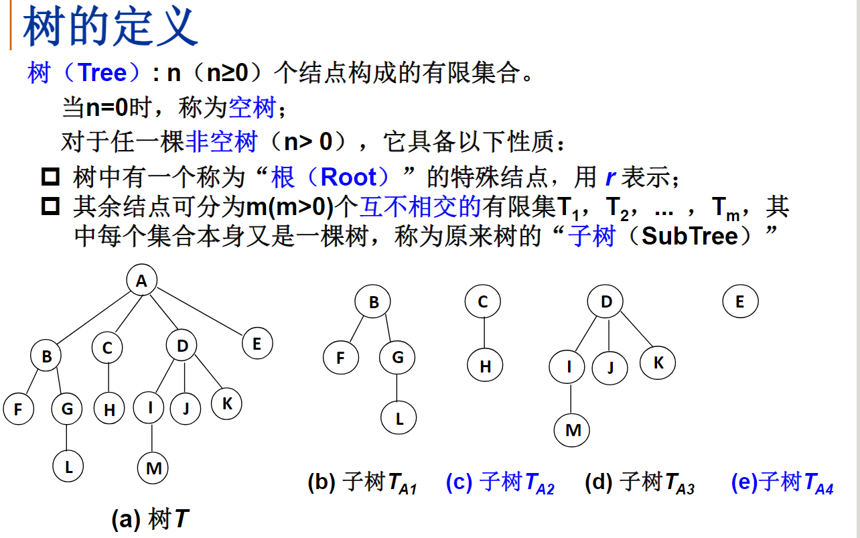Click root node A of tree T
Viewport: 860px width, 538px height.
click(141, 281)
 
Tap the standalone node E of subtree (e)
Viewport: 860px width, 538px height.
click(740, 301)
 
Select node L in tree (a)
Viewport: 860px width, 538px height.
click(68, 467)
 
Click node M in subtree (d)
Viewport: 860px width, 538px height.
click(573, 430)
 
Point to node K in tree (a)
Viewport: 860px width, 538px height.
click(227, 404)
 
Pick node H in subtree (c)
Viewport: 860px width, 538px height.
click(485, 366)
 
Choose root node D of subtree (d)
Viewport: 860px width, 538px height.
click(606, 302)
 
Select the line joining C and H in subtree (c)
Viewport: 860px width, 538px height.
click(484, 334)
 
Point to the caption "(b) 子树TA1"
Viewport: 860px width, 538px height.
click(362, 483)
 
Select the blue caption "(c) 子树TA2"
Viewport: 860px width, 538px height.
click(500, 483)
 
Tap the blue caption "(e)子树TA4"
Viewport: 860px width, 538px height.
click(782, 483)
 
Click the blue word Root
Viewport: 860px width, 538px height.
click(348, 178)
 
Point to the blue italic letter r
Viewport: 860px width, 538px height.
click(610, 178)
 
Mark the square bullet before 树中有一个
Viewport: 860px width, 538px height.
click(51, 178)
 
